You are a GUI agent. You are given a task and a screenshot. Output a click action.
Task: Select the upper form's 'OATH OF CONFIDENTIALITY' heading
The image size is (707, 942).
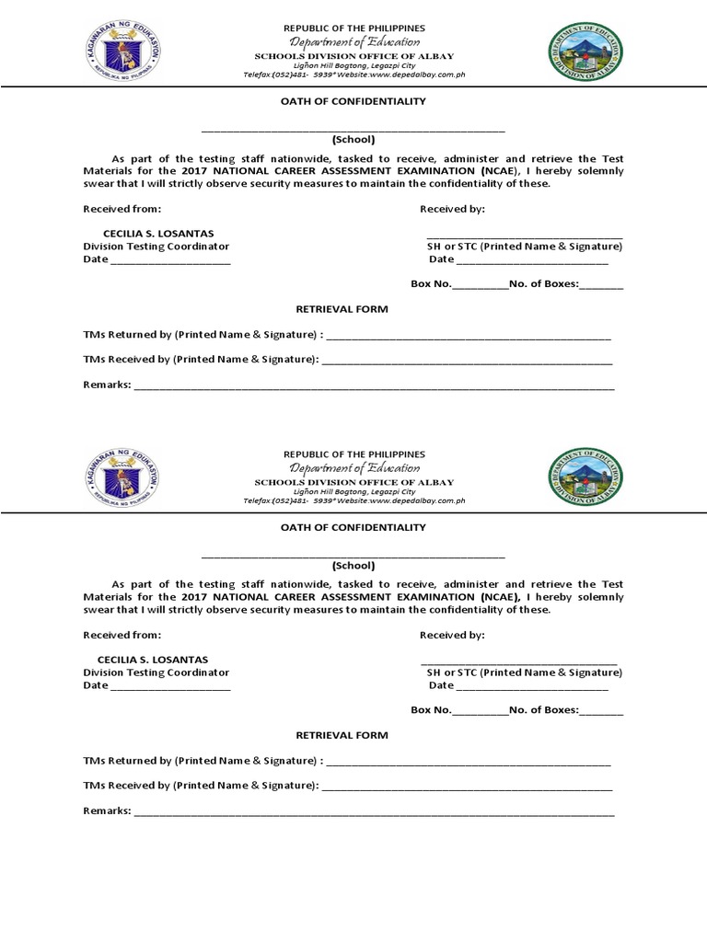pyautogui.click(x=353, y=101)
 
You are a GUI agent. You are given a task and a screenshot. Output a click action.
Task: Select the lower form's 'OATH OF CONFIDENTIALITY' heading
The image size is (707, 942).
pyautogui.click(x=353, y=527)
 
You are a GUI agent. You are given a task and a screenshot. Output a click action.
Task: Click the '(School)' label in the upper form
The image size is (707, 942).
pyautogui.click(x=353, y=139)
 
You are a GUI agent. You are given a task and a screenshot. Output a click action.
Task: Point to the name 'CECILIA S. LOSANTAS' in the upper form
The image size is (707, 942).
pyautogui.click(x=152, y=234)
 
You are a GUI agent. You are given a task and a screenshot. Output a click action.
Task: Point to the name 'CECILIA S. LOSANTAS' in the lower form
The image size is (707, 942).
pyautogui.click(x=152, y=660)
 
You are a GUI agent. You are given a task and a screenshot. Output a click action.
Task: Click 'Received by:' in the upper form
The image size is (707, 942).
pyautogui.click(x=452, y=209)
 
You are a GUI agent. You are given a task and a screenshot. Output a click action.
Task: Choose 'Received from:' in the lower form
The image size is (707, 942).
pyautogui.click(x=122, y=635)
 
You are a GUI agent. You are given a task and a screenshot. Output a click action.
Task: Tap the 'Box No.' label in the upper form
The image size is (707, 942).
pyautogui.click(x=431, y=284)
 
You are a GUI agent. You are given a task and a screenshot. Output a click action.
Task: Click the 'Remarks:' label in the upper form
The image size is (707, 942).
pyautogui.click(x=107, y=385)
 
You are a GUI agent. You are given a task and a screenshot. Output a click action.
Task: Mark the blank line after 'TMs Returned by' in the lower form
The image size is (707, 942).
pyautogui.click(x=468, y=763)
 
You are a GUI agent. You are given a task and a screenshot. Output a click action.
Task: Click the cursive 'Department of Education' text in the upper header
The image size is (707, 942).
pyautogui.click(x=353, y=42)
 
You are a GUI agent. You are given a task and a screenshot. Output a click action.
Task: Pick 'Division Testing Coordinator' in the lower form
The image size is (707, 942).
pyautogui.click(x=156, y=672)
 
